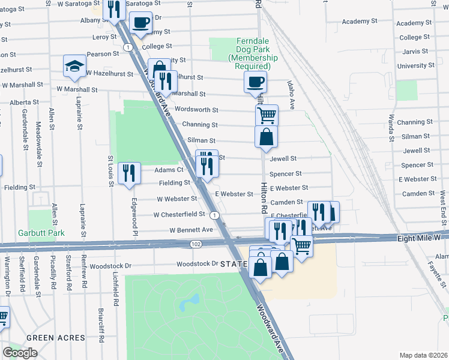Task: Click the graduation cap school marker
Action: coord(74,67)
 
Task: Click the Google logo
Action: coord(20,352)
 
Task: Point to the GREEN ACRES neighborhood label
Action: coord(55,338)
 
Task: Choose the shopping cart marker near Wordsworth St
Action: coord(266,114)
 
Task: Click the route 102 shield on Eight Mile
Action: coord(196,244)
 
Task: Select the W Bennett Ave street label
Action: coord(191,230)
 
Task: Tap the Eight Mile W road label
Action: coord(421,238)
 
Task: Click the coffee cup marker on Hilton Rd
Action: coord(255,82)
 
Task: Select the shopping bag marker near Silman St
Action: coord(266,136)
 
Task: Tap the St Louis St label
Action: coord(110,171)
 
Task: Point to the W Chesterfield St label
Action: coord(179,214)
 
